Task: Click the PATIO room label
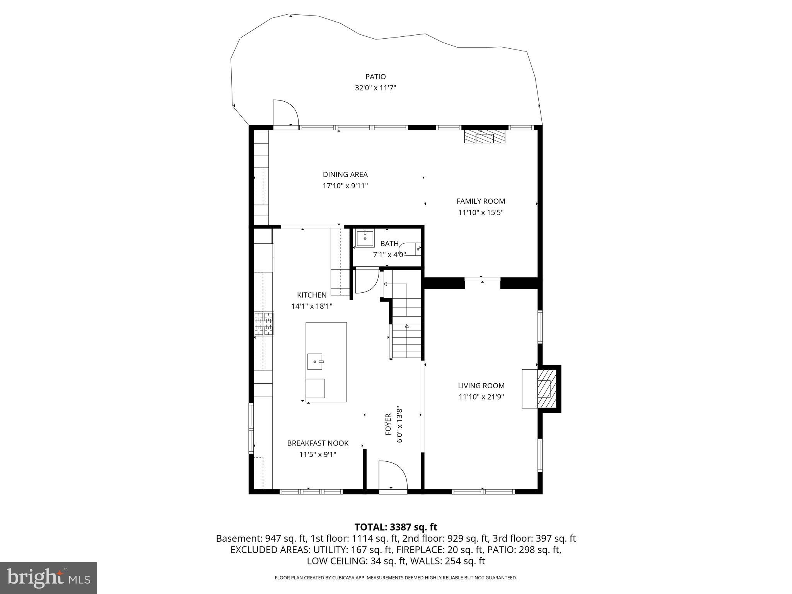(376, 77)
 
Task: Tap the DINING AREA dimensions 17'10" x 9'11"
(345, 186)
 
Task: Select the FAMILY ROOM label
(481, 201)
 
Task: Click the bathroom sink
(365, 238)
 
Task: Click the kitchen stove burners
(264, 324)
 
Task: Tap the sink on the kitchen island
(316, 362)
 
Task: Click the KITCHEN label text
(312, 295)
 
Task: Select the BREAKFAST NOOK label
(317, 443)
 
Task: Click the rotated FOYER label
(388, 424)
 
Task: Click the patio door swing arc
(286, 112)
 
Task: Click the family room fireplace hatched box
(485, 137)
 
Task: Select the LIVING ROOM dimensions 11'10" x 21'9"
(481, 397)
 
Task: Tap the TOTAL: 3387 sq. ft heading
(396, 527)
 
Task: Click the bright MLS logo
(48, 578)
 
